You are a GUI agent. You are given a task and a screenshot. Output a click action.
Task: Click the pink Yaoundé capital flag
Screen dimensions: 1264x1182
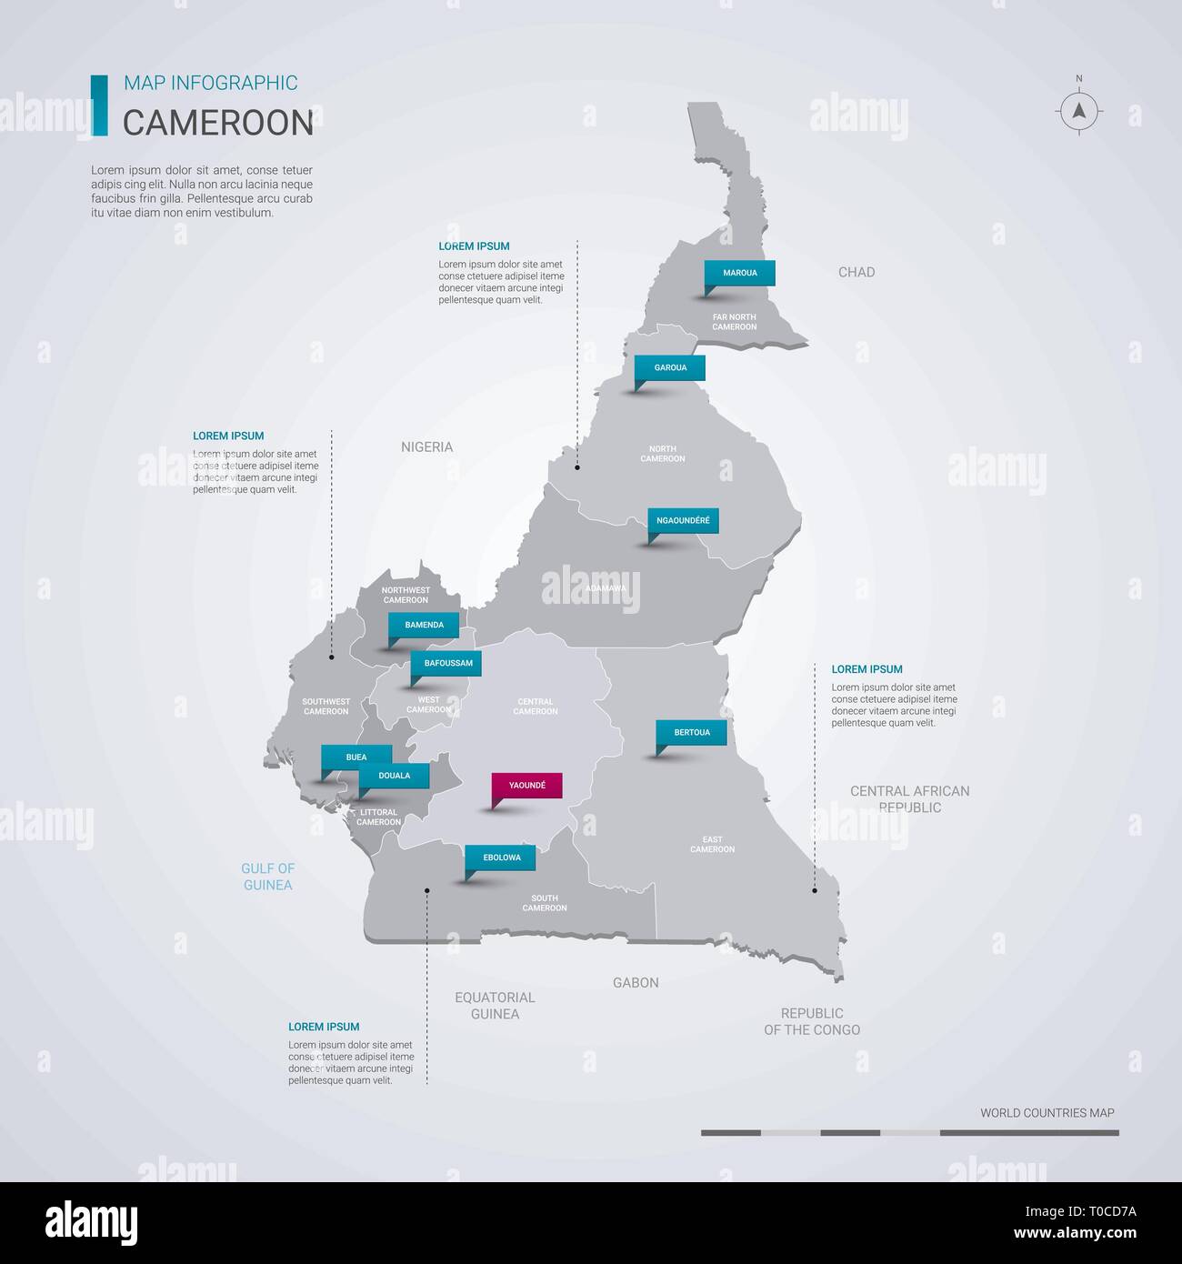526,786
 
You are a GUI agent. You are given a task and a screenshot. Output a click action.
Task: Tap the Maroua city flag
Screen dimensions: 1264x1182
740,273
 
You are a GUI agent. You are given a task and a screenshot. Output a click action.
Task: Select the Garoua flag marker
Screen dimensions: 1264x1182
670,368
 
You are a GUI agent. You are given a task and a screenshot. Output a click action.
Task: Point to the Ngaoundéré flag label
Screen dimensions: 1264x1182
683,521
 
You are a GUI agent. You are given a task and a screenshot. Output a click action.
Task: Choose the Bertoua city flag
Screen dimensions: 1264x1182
692,733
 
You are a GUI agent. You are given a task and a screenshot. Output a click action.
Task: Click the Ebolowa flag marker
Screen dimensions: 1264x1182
501,858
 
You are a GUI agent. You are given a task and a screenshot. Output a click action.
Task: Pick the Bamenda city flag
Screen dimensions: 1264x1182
424,626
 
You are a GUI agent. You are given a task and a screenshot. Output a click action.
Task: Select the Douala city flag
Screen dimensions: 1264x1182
394,777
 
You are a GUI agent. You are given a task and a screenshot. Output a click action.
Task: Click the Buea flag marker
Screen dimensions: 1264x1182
356,757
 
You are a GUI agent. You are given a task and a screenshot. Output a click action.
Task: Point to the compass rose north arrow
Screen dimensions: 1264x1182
1079,111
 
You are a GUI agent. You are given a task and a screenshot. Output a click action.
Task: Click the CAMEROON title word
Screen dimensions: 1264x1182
218,124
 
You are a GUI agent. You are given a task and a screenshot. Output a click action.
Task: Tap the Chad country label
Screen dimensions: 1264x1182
856,272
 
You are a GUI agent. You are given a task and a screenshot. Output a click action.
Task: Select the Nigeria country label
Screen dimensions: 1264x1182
426,446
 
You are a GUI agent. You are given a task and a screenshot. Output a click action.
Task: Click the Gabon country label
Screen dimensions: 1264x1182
636,982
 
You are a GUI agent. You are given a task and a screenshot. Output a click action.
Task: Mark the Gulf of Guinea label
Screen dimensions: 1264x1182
268,877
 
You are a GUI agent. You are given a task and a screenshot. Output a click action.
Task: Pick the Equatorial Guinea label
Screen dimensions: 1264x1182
495,1006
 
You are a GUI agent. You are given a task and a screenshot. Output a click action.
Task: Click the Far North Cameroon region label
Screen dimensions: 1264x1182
735,322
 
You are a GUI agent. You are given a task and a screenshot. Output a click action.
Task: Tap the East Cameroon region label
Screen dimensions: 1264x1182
712,845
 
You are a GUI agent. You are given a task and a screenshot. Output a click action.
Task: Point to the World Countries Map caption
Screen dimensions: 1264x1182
1047,1113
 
